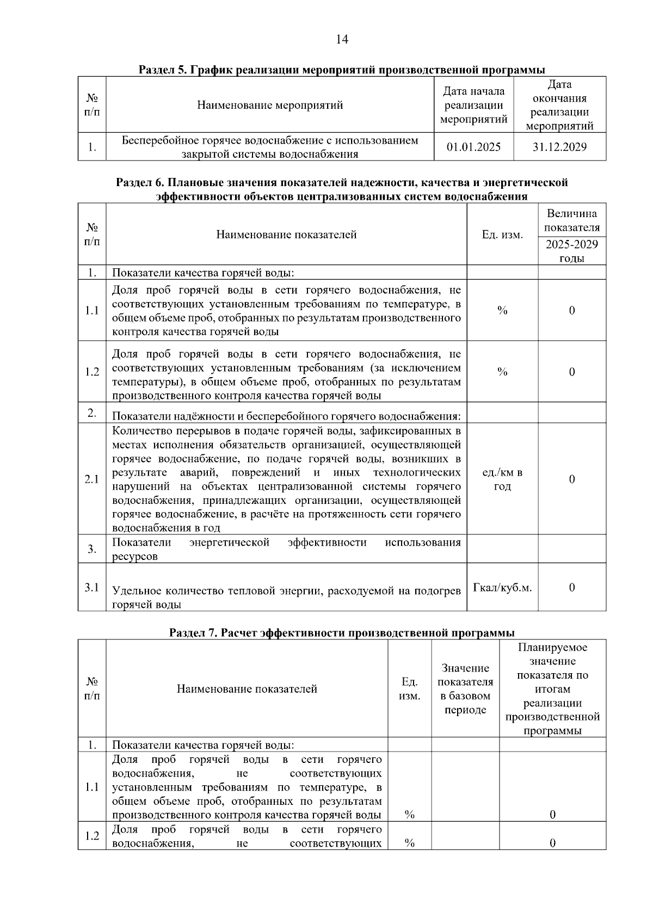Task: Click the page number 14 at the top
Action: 342,39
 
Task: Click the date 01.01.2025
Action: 473,147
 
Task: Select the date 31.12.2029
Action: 559,147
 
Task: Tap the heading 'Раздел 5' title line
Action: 342,70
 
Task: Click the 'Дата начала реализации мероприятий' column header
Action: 473,105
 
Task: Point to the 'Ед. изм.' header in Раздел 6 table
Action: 502,235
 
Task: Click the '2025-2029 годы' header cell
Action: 571,251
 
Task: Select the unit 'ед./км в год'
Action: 502,479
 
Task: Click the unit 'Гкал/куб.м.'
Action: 502,588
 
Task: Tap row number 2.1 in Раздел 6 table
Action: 91,479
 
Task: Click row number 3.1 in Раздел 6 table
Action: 91,587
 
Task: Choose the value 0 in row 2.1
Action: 571,479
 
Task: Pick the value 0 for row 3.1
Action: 571,587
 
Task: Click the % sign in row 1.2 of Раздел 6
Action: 502,372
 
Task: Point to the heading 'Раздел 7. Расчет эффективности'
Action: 342,633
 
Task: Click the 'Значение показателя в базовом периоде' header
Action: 465,688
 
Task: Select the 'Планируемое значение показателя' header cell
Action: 552,688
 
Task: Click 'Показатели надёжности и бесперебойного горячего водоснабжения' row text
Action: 286,416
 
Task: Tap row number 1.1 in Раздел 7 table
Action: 91,787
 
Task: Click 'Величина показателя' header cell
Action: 571,220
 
